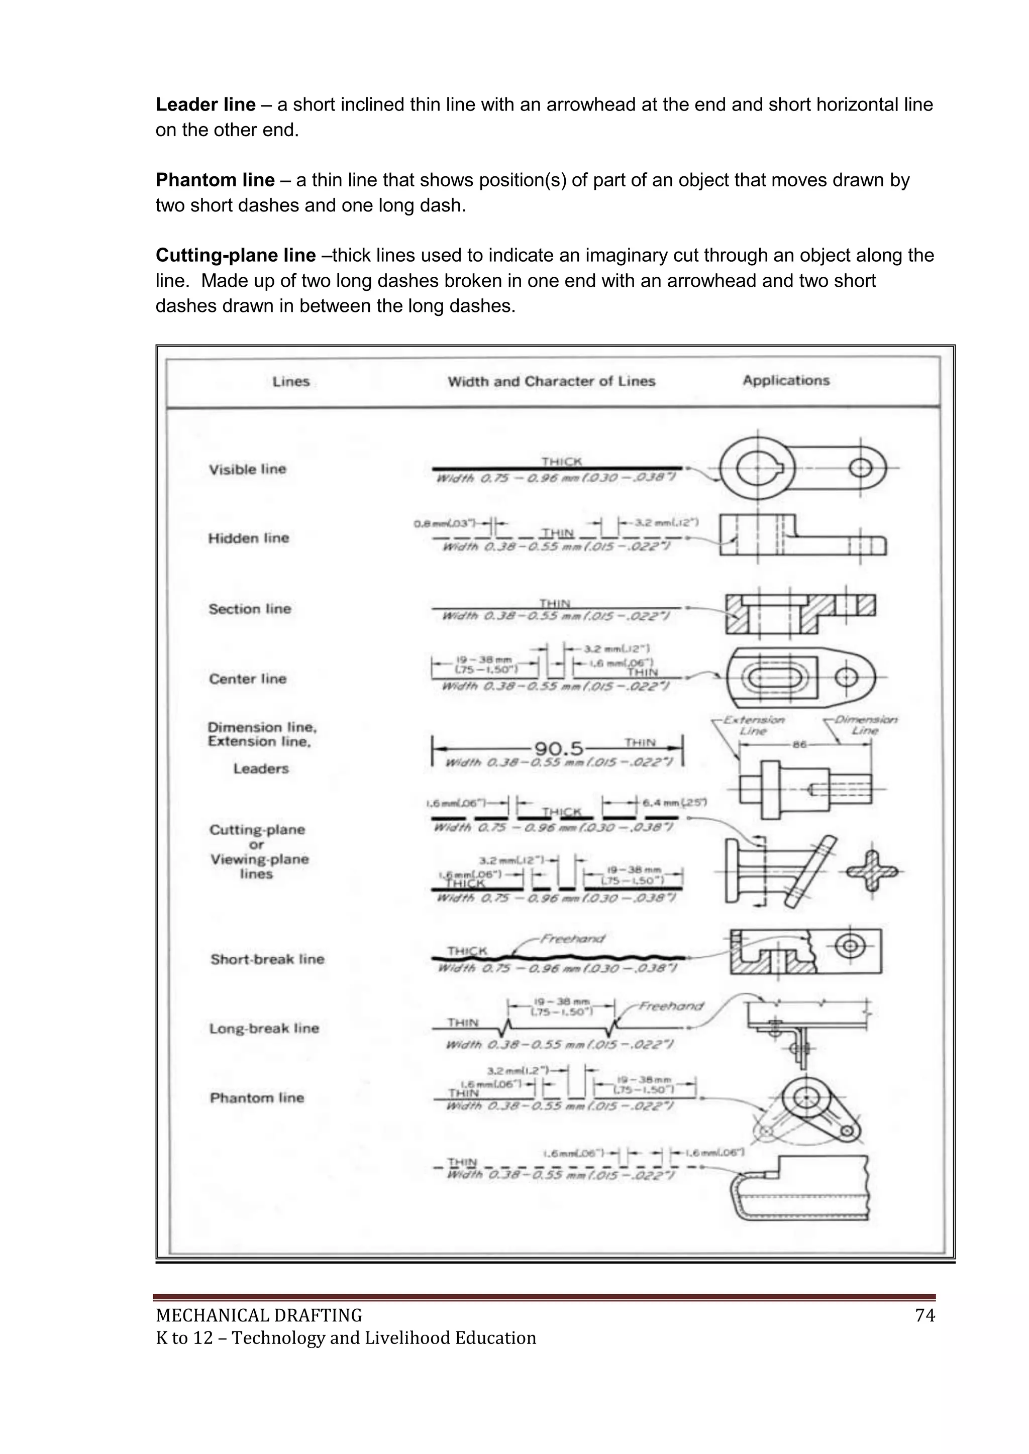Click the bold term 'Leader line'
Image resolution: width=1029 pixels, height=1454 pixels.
pyautogui.click(x=205, y=104)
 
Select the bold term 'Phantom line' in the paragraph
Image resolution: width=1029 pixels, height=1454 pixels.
pyautogui.click(x=215, y=180)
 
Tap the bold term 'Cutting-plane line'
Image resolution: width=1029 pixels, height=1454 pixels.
pyautogui.click(x=235, y=256)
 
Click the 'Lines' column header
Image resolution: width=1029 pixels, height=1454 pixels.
pyautogui.click(x=291, y=381)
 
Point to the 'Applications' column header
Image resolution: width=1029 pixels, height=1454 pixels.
pyautogui.click(x=786, y=381)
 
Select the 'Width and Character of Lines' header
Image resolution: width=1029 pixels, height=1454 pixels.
pyautogui.click(x=551, y=381)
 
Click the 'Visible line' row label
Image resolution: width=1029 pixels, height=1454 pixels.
pyautogui.click(x=248, y=469)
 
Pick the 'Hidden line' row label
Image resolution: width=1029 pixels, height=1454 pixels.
pyautogui.click(x=248, y=538)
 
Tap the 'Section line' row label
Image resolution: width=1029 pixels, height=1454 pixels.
pyautogui.click(x=250, y=609)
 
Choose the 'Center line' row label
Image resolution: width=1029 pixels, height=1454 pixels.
pyautogui.click(x=248, y=679)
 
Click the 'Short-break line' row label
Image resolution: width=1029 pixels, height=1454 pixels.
pyautogui.click(x=267, y=959)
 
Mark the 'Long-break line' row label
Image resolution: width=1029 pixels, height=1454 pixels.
pyautogui.click(x=264, y=1029)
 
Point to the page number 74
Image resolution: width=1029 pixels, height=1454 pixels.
pyautogui.click(x=925, y=1316)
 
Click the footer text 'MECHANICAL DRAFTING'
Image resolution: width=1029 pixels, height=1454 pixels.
pyautogui.click(x=259, y=1316)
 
